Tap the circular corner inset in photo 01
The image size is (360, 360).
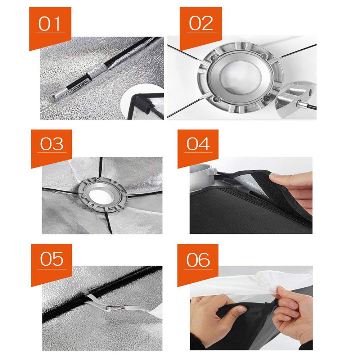[x=142, y=102]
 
